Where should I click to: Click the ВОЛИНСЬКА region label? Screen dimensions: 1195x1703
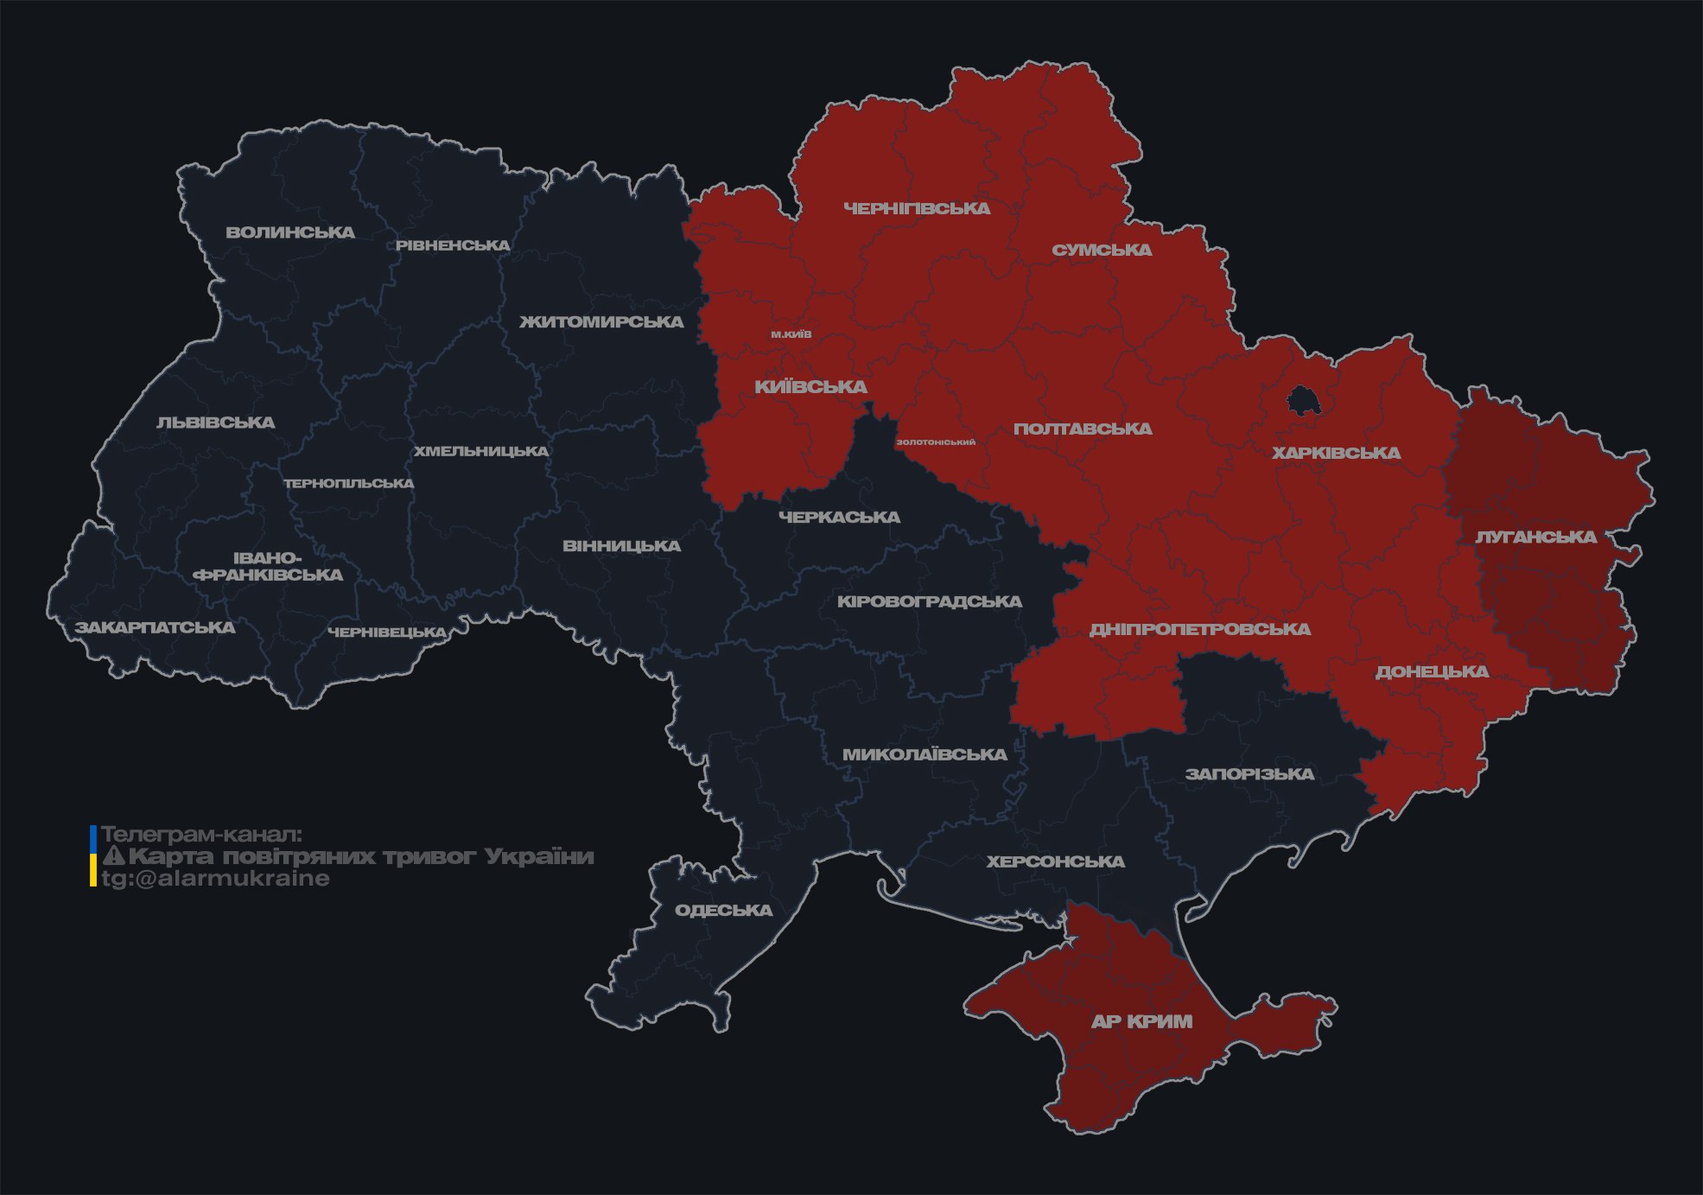coord(290,232)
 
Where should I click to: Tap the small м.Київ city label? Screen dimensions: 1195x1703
coord(791,334)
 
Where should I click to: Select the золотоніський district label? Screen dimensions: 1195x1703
coord(936,442)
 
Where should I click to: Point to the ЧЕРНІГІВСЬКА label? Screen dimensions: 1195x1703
coord(917,208)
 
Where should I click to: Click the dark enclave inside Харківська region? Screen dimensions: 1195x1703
coord(1301,402)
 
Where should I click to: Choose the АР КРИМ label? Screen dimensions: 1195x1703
coord(1141,1021)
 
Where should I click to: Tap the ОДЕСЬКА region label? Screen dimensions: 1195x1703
coord(723,910)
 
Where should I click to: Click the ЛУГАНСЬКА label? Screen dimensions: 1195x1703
coord(1535,537)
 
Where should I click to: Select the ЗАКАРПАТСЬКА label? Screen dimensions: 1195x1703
coord(155,627)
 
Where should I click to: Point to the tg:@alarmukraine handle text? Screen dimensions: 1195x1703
coord(215,879)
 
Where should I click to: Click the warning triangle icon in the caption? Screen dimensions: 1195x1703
coord(113,856)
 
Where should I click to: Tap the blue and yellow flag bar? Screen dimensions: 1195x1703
coord(93,855)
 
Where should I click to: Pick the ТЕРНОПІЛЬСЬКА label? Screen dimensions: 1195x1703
coord(349,483)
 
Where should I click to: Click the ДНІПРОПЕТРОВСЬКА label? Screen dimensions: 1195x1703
coord(1199,629)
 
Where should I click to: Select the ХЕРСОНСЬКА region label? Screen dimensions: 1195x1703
coord(1055,861)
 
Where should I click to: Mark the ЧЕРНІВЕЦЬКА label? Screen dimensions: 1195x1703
coord(387,632)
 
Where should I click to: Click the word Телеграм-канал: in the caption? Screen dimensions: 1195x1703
coord(202,835)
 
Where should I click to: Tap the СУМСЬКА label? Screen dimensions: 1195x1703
coord(1102,250)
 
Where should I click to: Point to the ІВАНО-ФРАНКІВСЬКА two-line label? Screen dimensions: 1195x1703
coord(268,567)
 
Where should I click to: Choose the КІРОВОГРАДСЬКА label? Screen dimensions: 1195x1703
coord(929,601)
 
